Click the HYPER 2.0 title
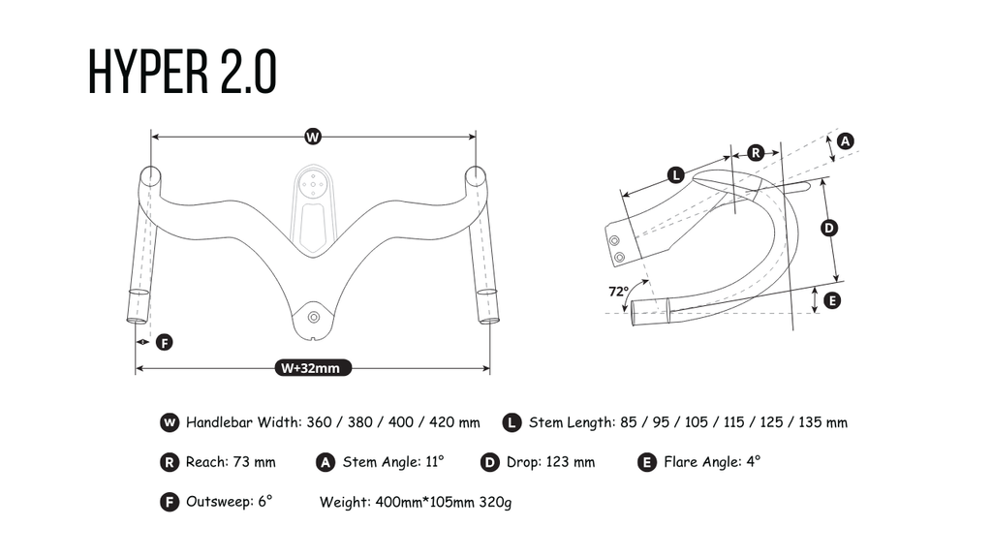(182, 72)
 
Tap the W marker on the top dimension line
(313, 137)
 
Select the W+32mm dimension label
(313, 368)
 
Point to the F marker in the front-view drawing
(165, 342)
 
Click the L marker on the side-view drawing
(676, 174)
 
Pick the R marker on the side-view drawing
(756, 152)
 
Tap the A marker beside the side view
(845, 140)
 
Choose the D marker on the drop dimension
(829, 228)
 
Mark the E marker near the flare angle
(832, 300)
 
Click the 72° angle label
(618, 292)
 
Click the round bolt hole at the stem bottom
(313, 317)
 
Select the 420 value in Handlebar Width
(441, 422)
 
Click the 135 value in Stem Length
(809, 422)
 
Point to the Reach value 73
(241, 462)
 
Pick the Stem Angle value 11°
(435, 462)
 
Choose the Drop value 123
(557, 462)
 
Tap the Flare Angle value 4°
(754, 462)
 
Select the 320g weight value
(495, 503)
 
